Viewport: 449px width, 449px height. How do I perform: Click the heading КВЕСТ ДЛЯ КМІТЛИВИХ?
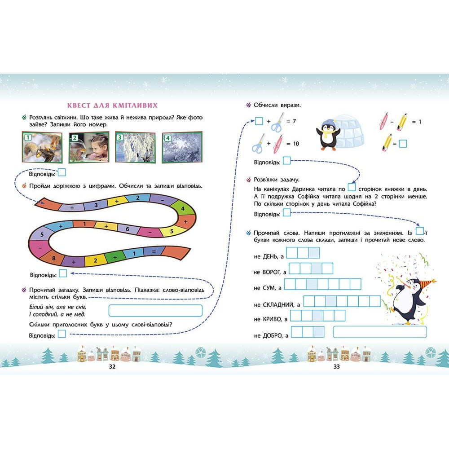pos(112,106)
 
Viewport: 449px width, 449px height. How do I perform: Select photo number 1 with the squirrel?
pos(42,147)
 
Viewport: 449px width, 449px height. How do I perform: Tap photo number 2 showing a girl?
pos(89,147)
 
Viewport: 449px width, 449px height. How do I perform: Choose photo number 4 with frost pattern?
pos(182,147)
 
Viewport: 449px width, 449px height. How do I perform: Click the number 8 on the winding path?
pos(54,258)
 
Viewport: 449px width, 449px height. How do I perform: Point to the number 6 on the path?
pos(128,229)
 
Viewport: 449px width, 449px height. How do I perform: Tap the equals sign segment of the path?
pos(154,252)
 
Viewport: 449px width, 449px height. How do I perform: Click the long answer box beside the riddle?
pos(155,311)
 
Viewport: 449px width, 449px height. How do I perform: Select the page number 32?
pos(112,366)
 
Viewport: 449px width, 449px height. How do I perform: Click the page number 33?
pos(336,366)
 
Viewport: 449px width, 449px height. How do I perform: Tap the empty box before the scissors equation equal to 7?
pos(259,121)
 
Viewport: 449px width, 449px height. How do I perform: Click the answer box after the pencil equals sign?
pos(403,144)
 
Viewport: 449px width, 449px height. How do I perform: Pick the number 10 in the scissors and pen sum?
pos(296,144)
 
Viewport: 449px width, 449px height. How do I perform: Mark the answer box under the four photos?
pos(62,172)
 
